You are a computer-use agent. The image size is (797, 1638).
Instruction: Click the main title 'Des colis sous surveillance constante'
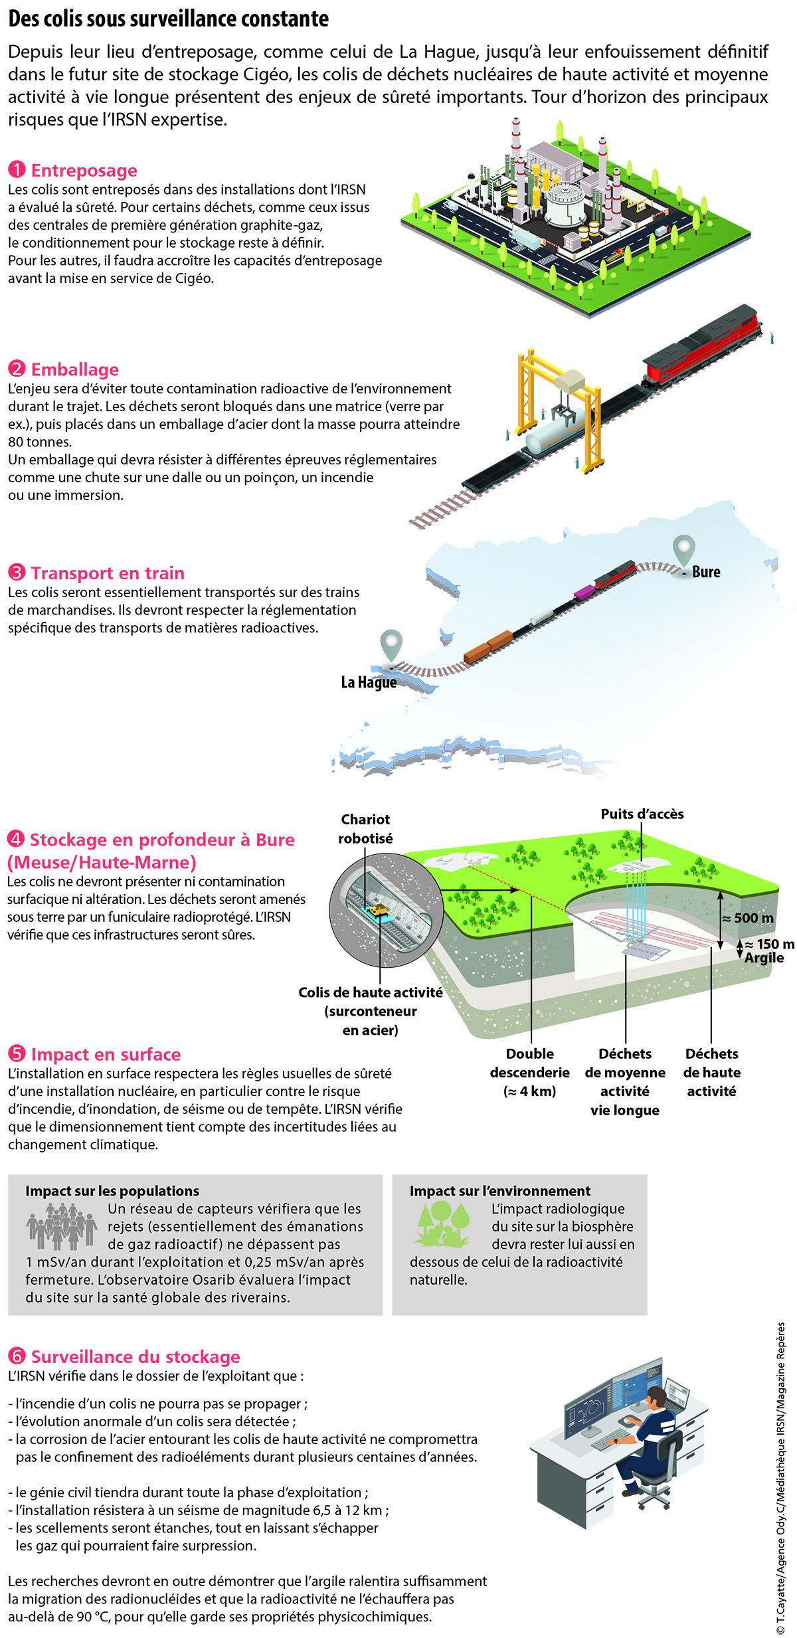pos(169,20)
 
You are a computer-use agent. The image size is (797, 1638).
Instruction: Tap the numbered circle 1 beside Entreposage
pos(17,171)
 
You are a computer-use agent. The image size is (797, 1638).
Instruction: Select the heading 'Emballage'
pos(75,369)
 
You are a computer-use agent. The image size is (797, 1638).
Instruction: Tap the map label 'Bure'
pos(705,571)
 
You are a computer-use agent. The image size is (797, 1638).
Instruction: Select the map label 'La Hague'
pos(369,682)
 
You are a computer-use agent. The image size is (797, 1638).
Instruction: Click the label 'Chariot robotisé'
pos(365,828)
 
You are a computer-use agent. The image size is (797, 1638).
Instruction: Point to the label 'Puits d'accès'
pos(642,814)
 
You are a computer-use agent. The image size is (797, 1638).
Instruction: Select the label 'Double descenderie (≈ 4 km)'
pos(530,1073)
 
